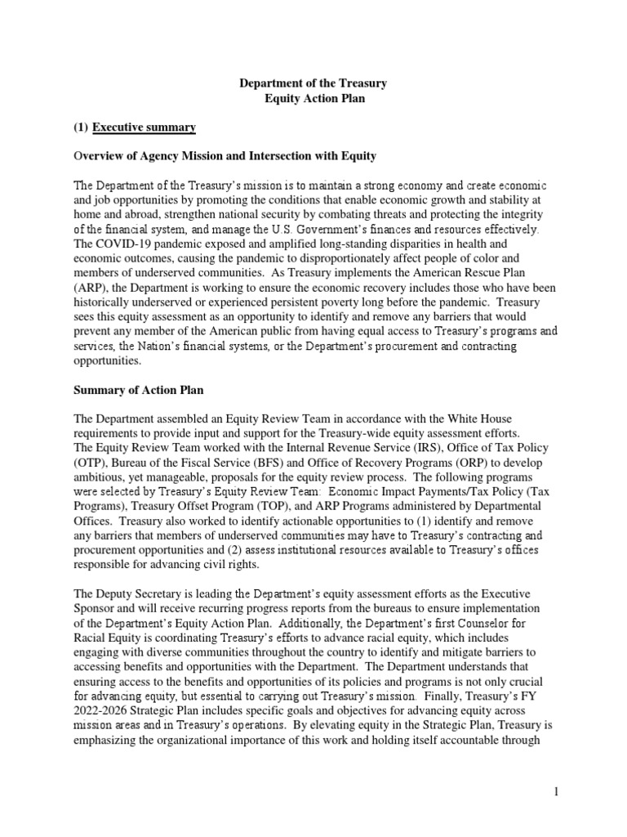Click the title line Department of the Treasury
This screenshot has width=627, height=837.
313,83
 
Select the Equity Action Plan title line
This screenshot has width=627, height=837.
313,99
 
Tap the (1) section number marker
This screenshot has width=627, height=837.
81,127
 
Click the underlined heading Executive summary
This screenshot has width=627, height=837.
144,127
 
